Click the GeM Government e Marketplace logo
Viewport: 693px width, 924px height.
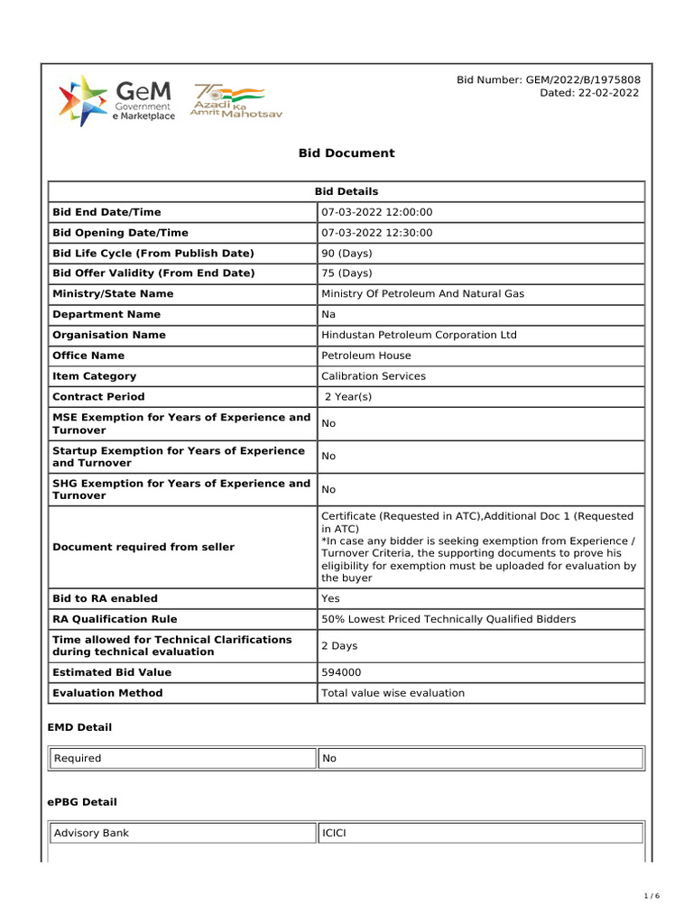pos(116,101)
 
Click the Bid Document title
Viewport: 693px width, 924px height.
pos(346,153)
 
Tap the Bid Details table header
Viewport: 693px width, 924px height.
pos(346,191)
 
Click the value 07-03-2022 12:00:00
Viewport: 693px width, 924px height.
pos(377,212)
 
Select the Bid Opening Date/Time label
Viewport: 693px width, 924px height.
pos(120,233)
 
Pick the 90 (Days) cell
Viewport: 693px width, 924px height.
pos(346,254)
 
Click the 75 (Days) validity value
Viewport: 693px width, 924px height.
pos(346,273)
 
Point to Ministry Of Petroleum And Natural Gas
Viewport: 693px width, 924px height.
pos(422,294)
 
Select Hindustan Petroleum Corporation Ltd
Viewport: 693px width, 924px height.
pos(419,335)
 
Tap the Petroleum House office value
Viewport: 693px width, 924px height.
pos(365,356)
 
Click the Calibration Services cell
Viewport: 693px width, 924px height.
pos(374,376)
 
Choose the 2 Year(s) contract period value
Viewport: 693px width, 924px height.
pos(348,397)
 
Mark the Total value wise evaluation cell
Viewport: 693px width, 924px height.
pos(393,693)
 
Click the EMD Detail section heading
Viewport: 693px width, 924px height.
pos(79,726)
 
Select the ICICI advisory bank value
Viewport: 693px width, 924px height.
pos(334,833)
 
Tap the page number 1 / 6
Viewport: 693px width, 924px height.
pos(651,896)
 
